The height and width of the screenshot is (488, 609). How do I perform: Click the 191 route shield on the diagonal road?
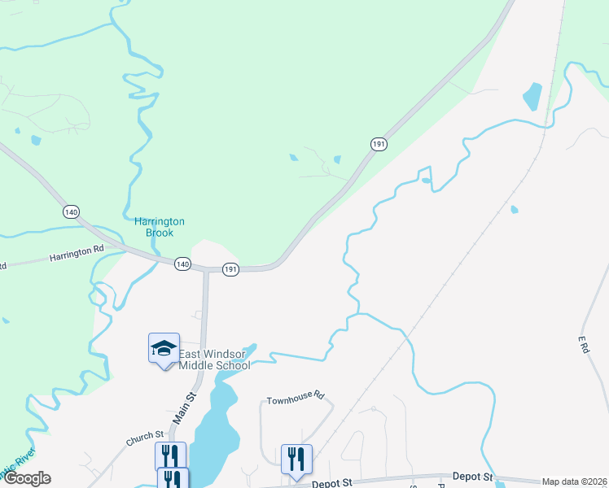point(379,144)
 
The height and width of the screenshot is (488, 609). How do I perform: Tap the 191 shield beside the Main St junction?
point(231,269)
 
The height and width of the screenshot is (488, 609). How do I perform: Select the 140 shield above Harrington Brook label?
point(71,211)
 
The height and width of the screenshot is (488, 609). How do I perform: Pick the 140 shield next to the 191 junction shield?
point(182,264)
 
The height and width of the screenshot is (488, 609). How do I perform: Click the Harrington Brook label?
point(160,227)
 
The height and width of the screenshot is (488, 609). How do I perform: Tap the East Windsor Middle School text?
point(214,359)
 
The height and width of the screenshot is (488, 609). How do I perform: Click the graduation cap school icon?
point(164,349)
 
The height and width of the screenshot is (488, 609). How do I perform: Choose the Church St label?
point(145,438)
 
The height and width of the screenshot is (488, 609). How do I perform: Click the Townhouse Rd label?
point(296,399)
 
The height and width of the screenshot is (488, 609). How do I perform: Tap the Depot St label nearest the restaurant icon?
point(332,482)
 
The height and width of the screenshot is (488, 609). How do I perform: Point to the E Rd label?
point(583,343)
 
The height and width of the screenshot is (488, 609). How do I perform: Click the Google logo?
point(27,478)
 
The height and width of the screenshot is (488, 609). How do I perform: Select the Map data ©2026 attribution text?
point(575,481)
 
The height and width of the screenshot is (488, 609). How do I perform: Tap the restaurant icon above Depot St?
point(296,458)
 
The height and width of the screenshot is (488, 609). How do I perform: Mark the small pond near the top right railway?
point(532,96)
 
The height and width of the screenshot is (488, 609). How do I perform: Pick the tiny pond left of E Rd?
point(514,209)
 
